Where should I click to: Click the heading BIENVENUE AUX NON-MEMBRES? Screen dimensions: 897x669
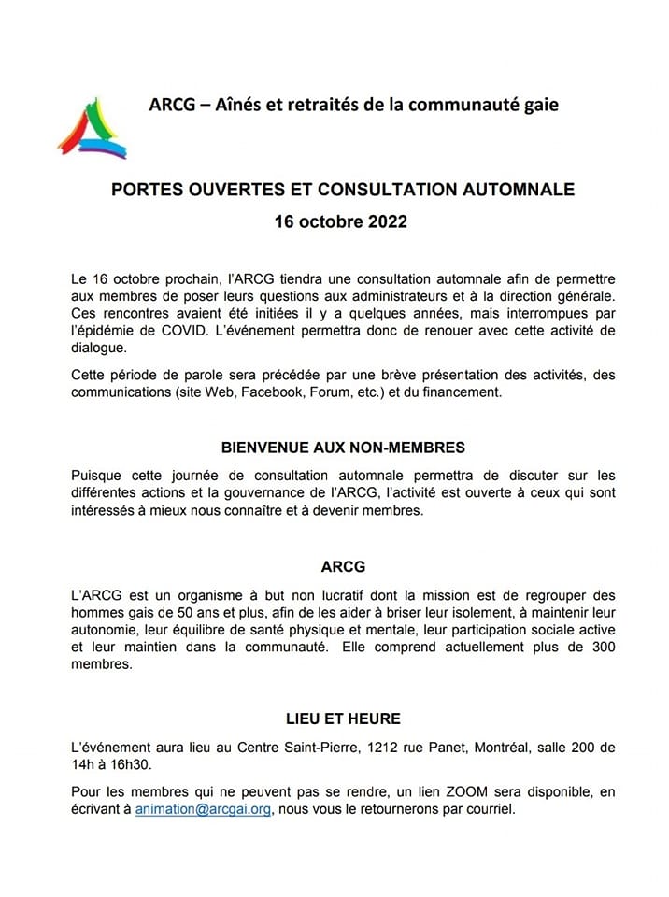[x=343, y=448]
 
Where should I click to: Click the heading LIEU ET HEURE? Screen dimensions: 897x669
[x=343, y=719]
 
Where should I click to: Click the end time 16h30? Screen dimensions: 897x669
[x=131, y=766]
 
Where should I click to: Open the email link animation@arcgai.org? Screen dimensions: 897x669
[x=203, y=810]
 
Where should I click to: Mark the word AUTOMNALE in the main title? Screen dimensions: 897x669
[x=520, y=189]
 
